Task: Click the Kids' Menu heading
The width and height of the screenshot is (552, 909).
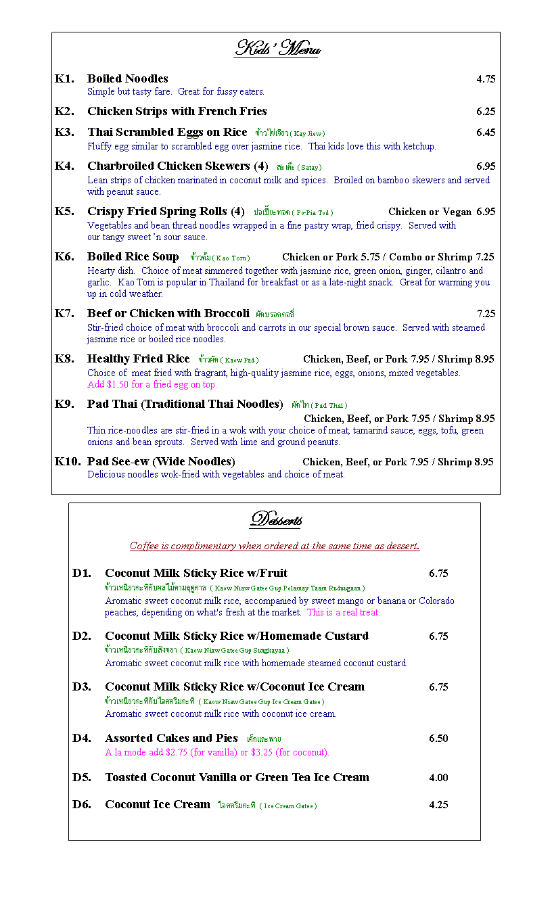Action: (x=277, y=49)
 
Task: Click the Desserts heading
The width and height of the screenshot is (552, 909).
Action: (x=275, y=519)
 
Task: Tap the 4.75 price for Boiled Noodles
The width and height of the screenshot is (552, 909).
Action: (x=485, y=79)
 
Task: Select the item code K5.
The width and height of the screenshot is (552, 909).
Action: (x=64, y=212)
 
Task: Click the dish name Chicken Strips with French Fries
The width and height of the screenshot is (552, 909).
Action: (x=177, y=112)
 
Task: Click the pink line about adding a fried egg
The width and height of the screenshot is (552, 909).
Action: (x=152, y=385)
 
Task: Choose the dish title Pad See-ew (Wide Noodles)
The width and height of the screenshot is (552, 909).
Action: (x=161, y=462)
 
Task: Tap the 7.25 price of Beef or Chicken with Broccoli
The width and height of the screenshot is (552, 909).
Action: (x=486, y=314)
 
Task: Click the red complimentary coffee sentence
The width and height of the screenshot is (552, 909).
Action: (x=275, y=546)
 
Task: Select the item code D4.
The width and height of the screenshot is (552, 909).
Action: (x=81, y=738)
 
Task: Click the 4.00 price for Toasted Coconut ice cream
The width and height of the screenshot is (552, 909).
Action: (x=438, y=778)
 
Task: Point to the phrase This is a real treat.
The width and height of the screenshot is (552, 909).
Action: (x=344, y=613)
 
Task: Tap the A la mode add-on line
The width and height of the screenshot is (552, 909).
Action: (x=216, y=752)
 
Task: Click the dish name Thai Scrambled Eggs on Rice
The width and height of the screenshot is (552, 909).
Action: (x=167, y=133)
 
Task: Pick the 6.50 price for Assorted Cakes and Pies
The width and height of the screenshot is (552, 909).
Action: (x=438, y=739)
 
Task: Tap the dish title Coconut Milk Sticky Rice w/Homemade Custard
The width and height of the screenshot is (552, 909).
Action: (x=236, y=636)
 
